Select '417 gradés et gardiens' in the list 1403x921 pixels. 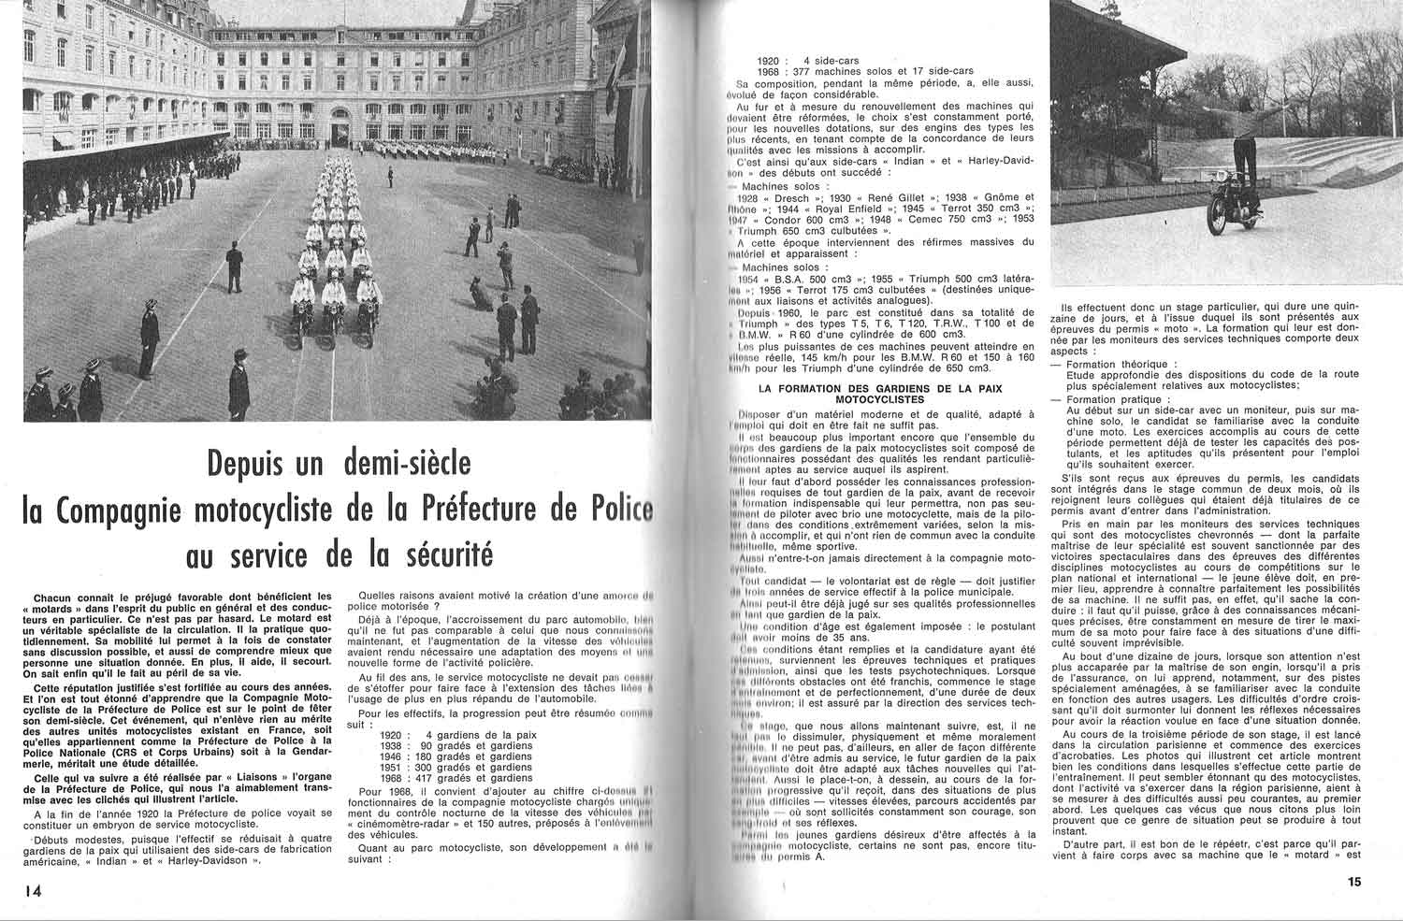coord(478,778)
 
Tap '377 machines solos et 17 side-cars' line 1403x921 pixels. coord(877,71)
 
